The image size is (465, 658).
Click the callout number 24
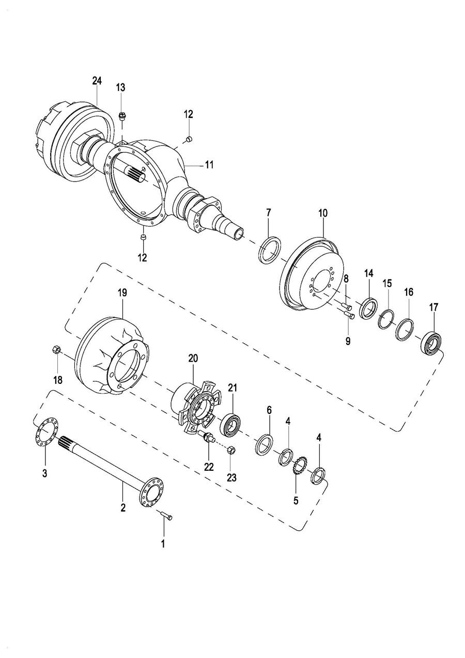(97, 81)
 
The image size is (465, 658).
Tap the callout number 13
(120, 87)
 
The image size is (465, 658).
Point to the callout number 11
(209, 166)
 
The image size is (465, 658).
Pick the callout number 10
(323, 213)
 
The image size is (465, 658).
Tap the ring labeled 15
(386, 319)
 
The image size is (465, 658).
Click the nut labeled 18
(57, 350)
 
